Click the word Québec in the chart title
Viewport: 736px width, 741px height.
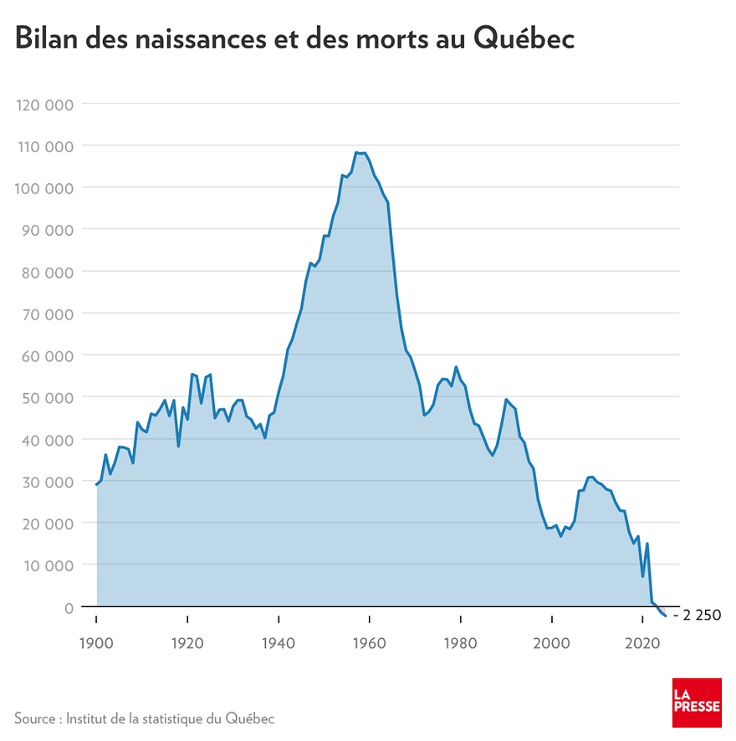tap(524, 38)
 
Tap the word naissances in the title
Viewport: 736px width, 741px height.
tap(201, 39)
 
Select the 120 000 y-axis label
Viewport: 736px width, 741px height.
tap(45, 105)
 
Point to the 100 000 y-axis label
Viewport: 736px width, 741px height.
tap(44, 189)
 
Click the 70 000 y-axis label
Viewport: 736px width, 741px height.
tap(48, 314)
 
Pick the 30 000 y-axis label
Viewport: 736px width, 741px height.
tap(48, 483)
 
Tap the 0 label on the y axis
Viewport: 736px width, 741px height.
tap(69, 608)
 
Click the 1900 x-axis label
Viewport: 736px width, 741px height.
tap(96, 643)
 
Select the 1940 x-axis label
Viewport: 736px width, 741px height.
tap(279, 643)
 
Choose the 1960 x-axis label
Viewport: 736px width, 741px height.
tap(369, 643)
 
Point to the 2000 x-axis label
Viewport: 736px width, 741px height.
tap(552, 643)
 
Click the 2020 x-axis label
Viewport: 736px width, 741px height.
tap(642, 643)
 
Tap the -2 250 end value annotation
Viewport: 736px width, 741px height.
tap(698, 616)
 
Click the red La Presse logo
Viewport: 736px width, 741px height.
tap(697, 703)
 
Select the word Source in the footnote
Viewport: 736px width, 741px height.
tap(35, 718)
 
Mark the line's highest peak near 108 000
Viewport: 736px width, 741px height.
tap(356, 153)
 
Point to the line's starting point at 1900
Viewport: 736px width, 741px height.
tap(96, 484)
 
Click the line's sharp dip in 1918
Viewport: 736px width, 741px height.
tap(178, 446)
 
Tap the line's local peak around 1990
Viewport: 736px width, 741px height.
tap(506, 400)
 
